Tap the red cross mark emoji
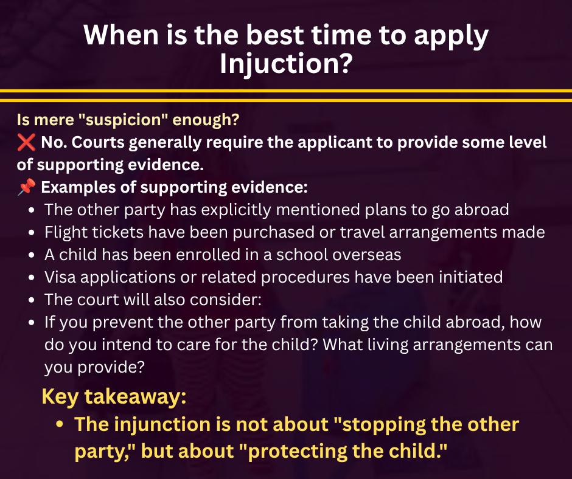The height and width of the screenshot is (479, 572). (26, 142)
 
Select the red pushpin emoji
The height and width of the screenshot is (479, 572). (26, 187)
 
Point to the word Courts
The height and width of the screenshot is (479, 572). (98, 142)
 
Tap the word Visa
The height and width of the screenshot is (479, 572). (60, 277)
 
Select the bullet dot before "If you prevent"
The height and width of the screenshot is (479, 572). (32, 323)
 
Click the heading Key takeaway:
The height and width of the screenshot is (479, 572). (114, 396)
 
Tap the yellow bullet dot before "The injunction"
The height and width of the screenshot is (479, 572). (60, 425)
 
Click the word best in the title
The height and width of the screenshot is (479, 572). (274, 35)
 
